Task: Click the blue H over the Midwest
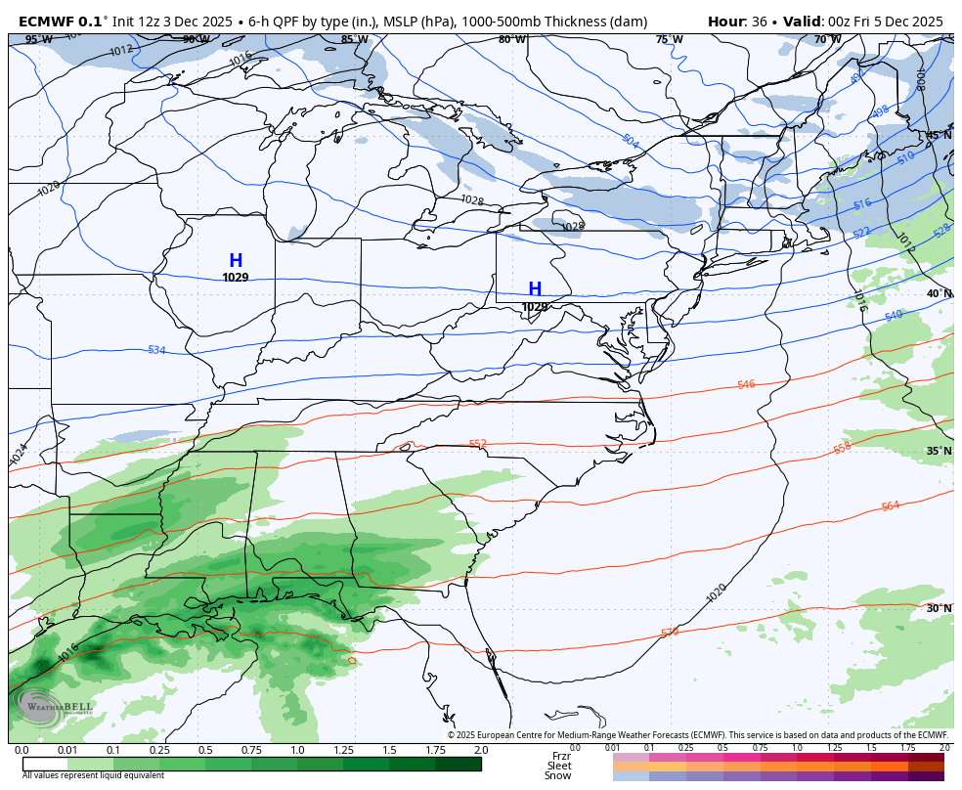(x=236, y=261)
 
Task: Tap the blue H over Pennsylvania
(x=535, y=289)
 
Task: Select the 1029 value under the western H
(x=236, y=278)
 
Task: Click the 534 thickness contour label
(x=156, y=350)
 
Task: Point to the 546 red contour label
(x=746, y=385)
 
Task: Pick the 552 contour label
(x=477, y=444)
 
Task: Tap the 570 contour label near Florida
(x=669, y=633)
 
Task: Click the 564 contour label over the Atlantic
(x=890, y=506)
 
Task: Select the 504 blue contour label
(x=630, y=142)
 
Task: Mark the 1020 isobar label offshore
(x=717, y=592)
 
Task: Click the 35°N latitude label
(x=938, y=452)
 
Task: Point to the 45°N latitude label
(x=938, y=136)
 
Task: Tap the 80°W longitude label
(x=511, y=40)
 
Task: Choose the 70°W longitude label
(x=827, y=40)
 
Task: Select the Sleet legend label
(x=558, y=766)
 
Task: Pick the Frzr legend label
(x=560, y=756)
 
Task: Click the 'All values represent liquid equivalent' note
(x=93, y=775)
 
